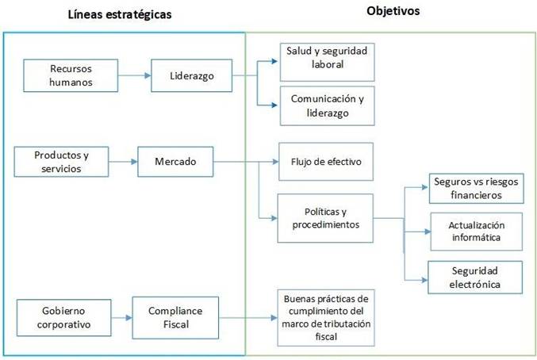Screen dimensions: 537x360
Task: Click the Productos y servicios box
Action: [60, 162]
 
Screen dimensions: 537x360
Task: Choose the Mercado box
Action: [175, 162]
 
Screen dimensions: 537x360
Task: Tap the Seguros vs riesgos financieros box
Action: [475, 188]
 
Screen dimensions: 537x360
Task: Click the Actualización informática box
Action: [475, 232]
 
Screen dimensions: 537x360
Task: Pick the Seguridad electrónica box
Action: [475, 277]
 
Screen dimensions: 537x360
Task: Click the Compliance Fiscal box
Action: [175, 317]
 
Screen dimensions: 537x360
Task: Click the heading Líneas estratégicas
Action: [120, 15]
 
